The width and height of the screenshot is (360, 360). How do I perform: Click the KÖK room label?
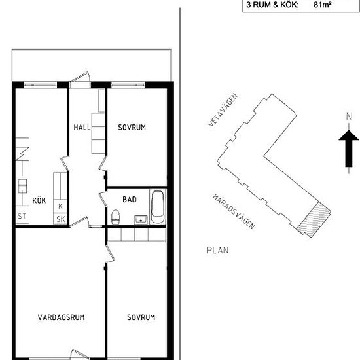click(x=39, y=200)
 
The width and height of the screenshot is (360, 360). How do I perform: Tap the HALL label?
click(x=82, y=128)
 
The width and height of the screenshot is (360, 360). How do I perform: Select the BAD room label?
click(x=130, y=200)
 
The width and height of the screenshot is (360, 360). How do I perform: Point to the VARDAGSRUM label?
click(x=62, y=317)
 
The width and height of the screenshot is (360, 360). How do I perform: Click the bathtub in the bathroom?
click(x=158, y=207)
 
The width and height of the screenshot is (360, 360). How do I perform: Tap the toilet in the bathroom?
click(x=115, y=217)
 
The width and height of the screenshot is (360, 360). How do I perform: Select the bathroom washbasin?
click(x=141, y=220)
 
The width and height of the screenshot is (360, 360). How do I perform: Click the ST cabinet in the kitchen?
click(x=22, y=215)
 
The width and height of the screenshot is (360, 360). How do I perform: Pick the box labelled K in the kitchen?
click(x=60, y=206)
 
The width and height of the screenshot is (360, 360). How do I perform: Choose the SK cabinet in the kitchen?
click(x=60, y=219)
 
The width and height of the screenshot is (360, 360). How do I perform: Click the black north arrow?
click(x=349, y=149)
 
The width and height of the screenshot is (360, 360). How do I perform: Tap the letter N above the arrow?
click(x=349, y=117)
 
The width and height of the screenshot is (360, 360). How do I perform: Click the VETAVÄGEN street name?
click(x=223, y=110)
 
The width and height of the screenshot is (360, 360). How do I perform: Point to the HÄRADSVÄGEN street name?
click(x=234, y=211)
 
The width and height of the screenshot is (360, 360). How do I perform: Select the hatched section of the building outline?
click(x=314, y=220)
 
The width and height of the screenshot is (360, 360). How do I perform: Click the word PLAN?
click(x=218, y=250)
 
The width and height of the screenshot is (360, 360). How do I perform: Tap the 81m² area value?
click(x=322, y=5)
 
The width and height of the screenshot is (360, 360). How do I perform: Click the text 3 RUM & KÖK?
click(x=272, y=5)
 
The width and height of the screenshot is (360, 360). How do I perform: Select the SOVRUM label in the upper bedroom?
click(x=132, y=128)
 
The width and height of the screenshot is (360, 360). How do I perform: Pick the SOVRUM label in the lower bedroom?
click(x=141, y=317)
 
